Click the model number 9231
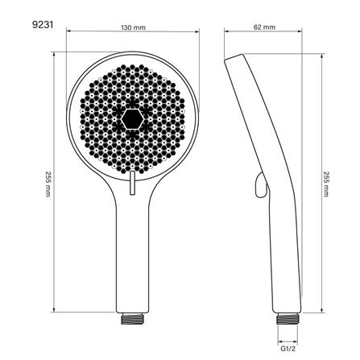[43, 25]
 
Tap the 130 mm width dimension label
[133, 27]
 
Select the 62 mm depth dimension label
[264, 27]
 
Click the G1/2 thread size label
[288, 349]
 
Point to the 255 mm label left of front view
[48, 184]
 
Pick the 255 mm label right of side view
[326, 184]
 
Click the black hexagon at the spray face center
[131, 119]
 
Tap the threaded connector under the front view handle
[133, 318]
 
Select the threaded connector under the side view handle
[288, 318]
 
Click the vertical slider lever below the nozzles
[132, 183]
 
